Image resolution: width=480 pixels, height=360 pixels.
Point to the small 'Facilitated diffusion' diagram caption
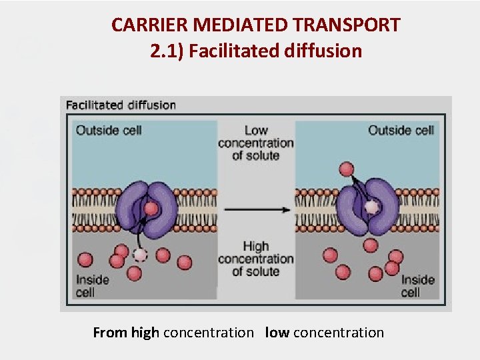(121, 105)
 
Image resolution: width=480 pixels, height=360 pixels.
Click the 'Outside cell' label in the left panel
(109, 130)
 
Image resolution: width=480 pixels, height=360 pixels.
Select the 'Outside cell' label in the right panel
(401, 130)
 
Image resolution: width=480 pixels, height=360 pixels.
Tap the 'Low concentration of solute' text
(256, 143)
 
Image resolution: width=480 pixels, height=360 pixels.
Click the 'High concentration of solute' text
(256, 259)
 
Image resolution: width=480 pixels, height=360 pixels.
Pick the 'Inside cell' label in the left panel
(93, 285)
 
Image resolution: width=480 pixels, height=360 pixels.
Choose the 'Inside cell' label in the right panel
(418, 285)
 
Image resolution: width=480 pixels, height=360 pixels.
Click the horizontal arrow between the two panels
(257, 209)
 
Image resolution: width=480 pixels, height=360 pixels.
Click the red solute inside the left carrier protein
(152, 209)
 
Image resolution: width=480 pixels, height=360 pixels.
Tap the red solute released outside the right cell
(346, 169)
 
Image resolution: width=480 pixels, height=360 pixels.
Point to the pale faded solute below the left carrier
(139, 254)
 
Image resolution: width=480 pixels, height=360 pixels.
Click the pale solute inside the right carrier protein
(371, 207)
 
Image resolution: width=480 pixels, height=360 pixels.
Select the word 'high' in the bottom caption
(145, 332)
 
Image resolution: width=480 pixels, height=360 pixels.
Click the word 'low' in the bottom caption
(277, 332)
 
